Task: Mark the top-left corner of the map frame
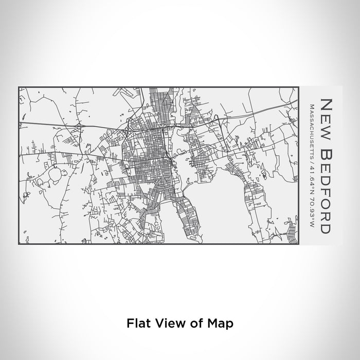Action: point(19,87)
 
